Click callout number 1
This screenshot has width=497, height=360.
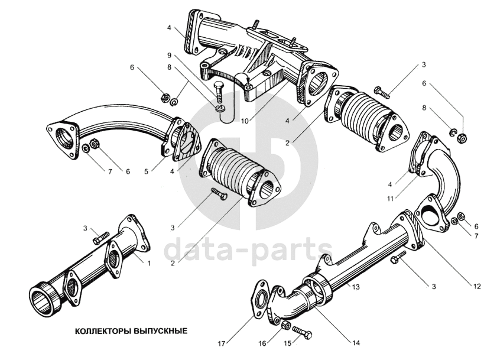(x=149, y=263)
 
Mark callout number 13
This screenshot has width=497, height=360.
(x=356, y=287)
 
